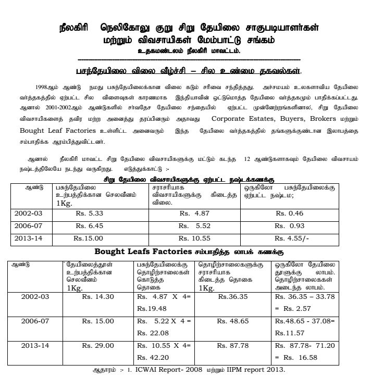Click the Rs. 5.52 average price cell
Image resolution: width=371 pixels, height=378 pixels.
tap(194, 226)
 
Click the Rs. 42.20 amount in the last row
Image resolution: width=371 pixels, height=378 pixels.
tap(152, 357)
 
